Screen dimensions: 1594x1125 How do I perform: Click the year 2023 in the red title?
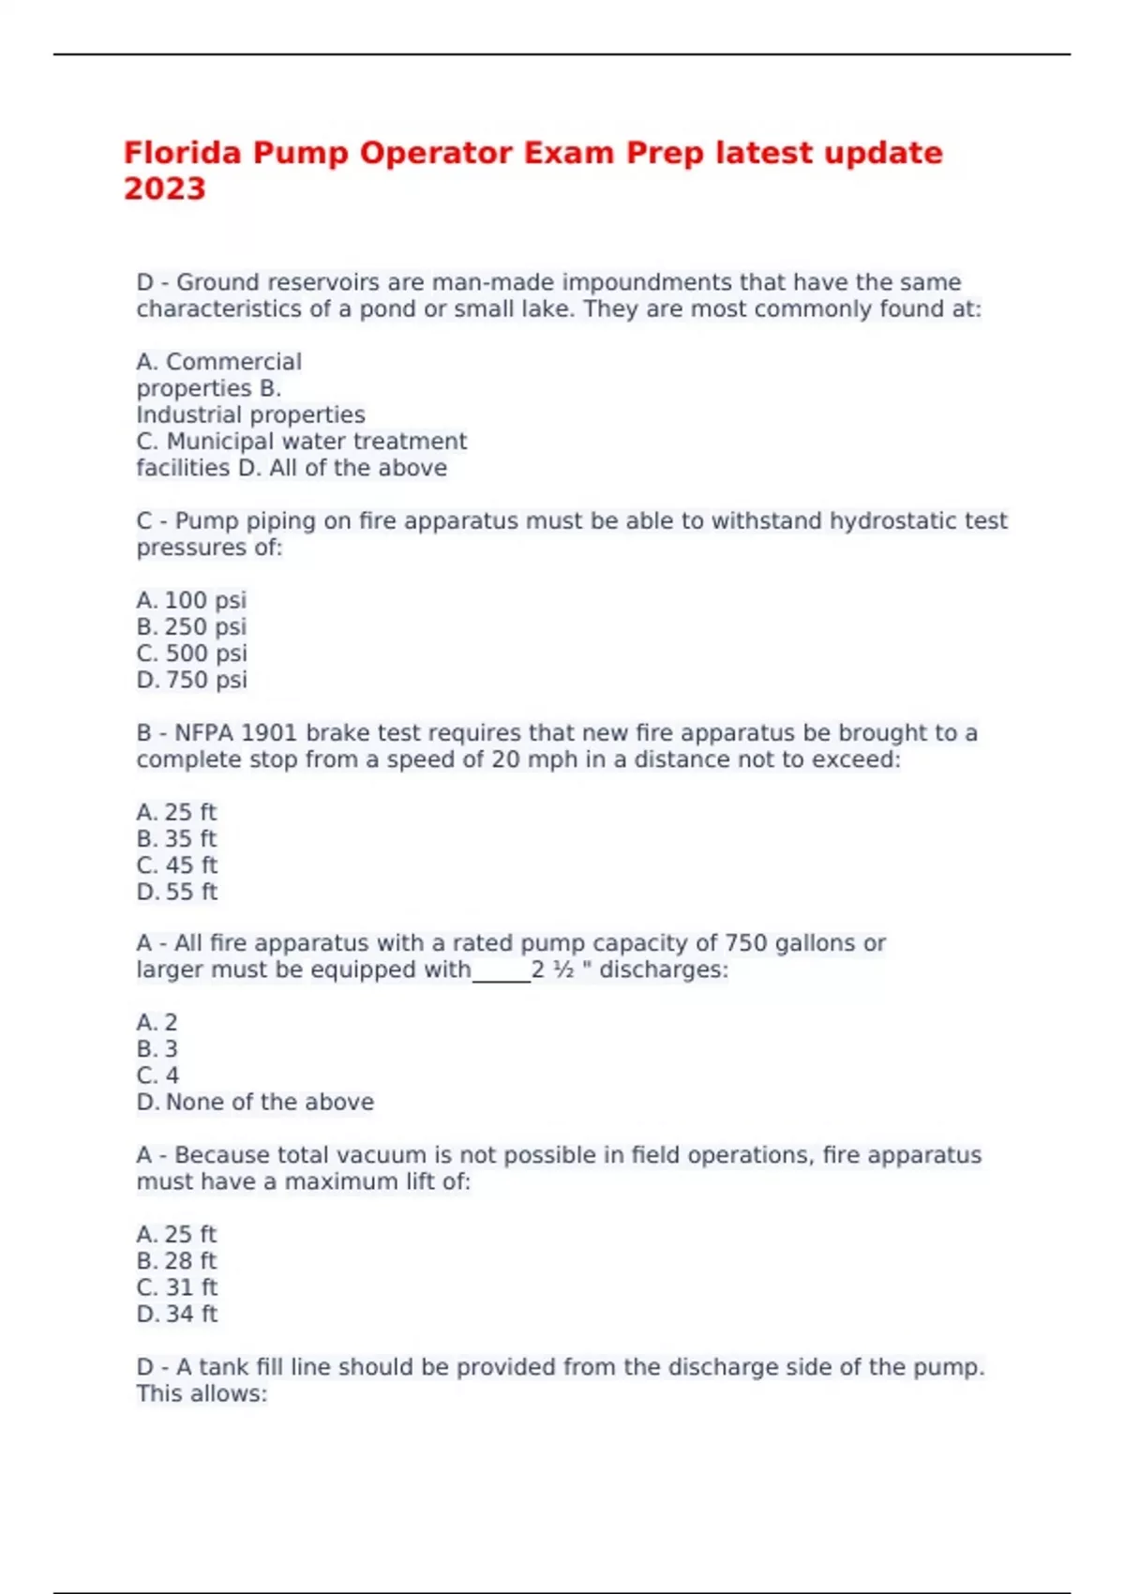click(164, 188)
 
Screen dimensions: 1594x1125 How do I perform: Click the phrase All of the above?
click(358, 468)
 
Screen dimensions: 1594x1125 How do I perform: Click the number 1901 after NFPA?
click(269, 733)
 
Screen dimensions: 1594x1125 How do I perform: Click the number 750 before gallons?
click(746, 943)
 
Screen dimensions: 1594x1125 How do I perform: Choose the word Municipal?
click(220, 442)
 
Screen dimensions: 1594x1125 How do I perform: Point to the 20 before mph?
click(505, 759)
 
